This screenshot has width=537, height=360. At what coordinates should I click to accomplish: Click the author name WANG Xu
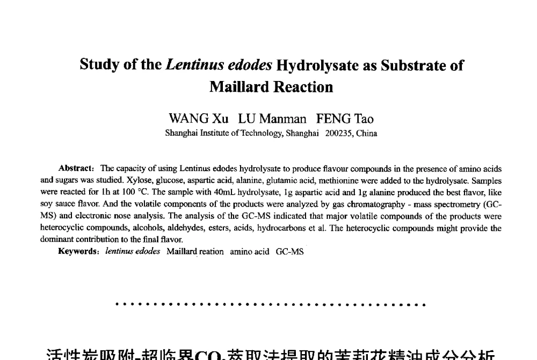pyautogui.click(x=198, y=119)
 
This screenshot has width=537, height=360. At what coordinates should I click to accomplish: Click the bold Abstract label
pyautogui.click(x=76, y=168)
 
